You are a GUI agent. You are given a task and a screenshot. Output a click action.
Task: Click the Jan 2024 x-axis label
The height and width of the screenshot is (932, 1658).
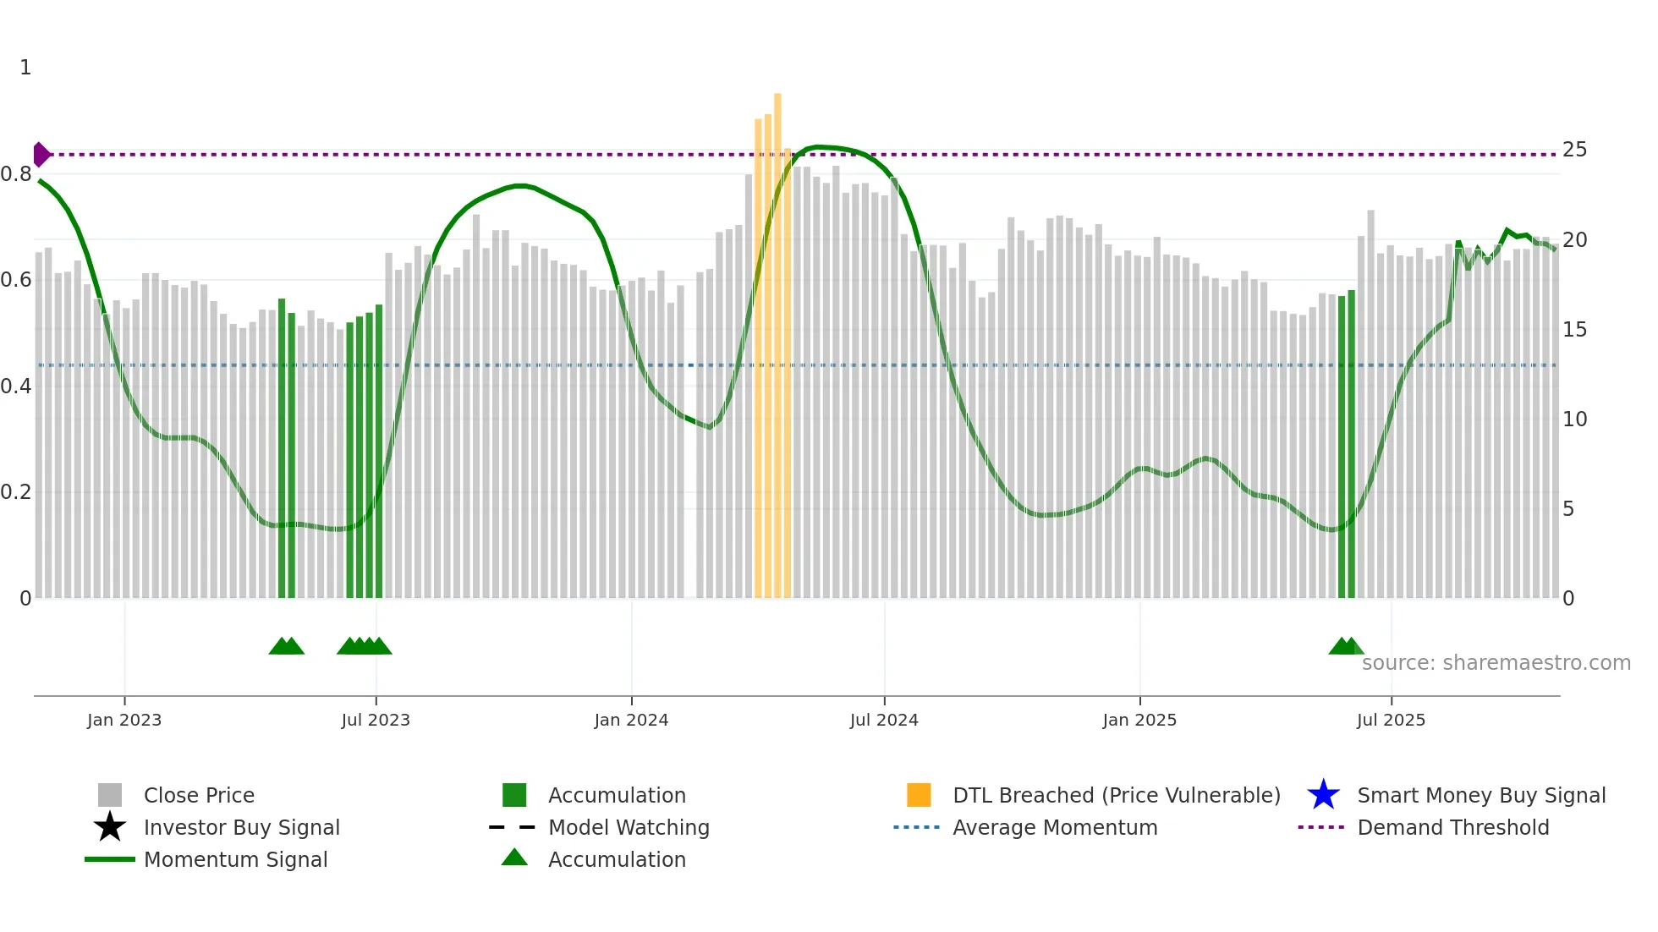point(631,720)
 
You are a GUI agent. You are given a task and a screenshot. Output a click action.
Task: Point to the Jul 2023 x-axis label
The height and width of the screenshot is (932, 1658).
point(376,720)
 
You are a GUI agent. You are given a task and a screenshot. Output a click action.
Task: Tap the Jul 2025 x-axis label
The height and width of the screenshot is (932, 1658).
point(1391,720)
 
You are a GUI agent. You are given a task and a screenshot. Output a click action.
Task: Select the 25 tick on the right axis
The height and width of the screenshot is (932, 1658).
point(1574,150)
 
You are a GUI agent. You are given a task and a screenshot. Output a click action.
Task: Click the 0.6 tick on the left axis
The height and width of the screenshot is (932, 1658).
point(16,280)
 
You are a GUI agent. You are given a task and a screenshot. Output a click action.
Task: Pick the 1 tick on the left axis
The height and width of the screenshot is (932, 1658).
point(25,68)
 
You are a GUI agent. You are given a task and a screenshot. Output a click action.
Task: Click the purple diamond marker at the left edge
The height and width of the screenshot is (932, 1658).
point(41,155)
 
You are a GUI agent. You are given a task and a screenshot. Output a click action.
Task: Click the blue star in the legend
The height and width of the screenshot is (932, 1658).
point(1323,795)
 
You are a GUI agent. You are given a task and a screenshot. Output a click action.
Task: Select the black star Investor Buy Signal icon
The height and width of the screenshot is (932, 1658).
point(110,827)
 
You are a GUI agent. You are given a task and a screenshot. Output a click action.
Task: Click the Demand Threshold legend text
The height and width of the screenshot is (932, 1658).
point(1452,827)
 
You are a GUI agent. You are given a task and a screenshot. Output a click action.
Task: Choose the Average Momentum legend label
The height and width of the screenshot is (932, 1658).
point(1055,827)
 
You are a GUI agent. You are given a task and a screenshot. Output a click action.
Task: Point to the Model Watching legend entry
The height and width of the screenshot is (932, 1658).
point(629,827)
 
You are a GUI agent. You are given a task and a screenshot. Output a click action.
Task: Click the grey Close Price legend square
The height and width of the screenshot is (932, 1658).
point(110,795)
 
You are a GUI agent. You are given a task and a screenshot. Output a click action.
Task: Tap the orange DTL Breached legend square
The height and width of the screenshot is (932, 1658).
point(919,795)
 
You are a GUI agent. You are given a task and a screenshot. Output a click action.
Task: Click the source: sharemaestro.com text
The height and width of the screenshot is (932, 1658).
point(1496,663)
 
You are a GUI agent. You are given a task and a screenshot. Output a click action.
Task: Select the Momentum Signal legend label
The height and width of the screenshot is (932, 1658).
point(235,859)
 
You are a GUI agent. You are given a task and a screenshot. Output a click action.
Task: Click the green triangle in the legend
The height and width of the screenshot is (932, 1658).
point(514,858)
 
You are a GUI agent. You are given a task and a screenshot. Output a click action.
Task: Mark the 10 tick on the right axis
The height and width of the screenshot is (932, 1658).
point(1574,419)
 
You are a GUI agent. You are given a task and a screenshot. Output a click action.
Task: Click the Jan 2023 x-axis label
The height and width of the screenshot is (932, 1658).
point(124,720)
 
